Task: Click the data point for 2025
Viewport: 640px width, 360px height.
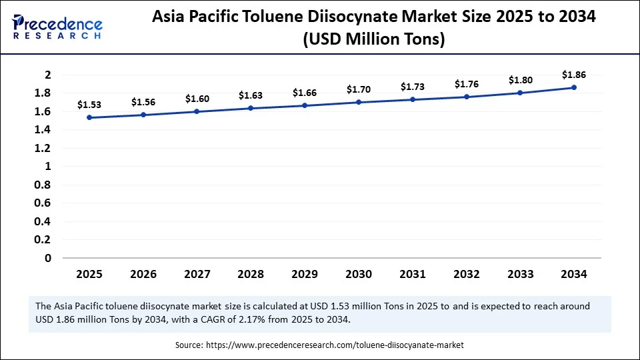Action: tap(89, 118)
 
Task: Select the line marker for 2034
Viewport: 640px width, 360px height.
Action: tap(574, 87)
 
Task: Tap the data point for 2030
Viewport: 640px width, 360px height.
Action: tap(359, 102)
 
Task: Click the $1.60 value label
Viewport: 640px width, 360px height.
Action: tap(197, 99)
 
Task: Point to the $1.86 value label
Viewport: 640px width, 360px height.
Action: tap(574, 75)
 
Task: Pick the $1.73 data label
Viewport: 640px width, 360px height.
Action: tap(413, 87)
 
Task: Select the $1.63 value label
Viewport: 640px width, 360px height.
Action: tap(251, 96)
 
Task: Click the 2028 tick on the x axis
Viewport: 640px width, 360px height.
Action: tap(251, 274)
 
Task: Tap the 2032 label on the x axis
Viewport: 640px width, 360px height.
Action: tap(467, 274)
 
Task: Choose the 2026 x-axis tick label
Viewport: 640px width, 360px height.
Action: tap(143, 274)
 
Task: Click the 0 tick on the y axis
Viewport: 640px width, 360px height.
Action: tap(47, 258)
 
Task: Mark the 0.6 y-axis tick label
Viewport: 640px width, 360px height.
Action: tap(43, 203)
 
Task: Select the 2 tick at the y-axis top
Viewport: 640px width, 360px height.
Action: tap(47, 75)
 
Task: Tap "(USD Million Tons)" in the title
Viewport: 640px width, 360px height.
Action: tap(373, 40)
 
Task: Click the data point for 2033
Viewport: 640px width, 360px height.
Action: tap(520, 93)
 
